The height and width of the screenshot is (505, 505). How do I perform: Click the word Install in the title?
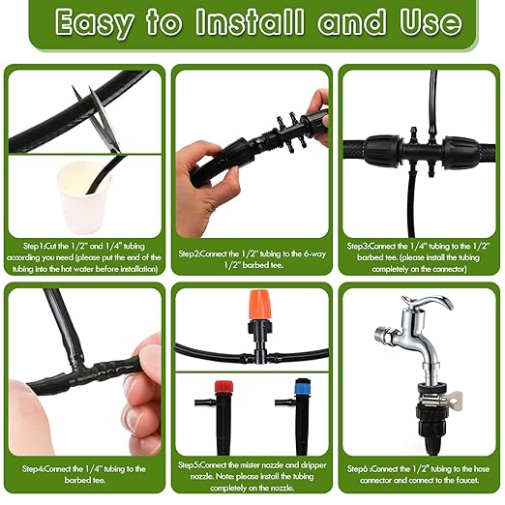[x=250, y=21]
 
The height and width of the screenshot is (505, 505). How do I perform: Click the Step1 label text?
[x=34, y=247]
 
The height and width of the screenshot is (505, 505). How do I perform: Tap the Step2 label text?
[x=189, y=253]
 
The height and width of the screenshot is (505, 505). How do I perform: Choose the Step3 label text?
[x=358, y=247]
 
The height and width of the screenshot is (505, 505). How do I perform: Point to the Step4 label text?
[x=33, y=469]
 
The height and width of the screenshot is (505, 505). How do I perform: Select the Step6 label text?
[x=358, y=469]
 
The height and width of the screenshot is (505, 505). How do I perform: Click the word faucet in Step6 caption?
[x=467, y=480]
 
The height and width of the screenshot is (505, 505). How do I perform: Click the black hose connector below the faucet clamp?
[x=431, y=427]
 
